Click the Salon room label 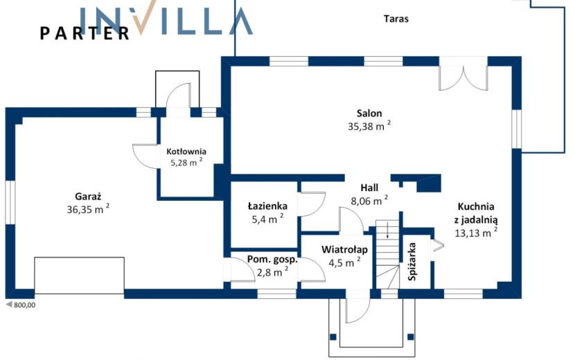click(369, 114)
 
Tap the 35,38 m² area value click(369, 126)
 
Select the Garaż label click(88, 197)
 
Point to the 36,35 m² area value click(88, 209)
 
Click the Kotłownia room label click(186, 152)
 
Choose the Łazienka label click(267, 206)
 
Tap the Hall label click(369, 188)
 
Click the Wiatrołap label click(344, 250)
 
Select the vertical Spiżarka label click(412, 262)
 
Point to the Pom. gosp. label click(272, 260)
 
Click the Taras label click(396, 19)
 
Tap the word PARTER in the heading click(85, 33)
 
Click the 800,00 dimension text click(24, 305)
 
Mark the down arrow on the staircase click(388, 231)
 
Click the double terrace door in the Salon click(463, 78)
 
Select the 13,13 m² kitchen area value click(476, 233)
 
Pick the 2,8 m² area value click(272, 272)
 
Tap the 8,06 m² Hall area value click(369, 201)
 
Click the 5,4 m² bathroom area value click(267, 219)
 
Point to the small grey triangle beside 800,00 click(10, 305)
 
